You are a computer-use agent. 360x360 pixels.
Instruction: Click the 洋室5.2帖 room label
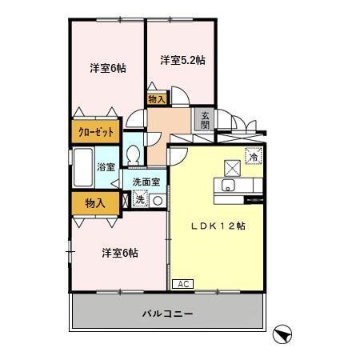click(x=182, y=60)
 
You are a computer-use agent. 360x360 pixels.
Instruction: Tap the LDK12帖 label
click(x=218, y=226)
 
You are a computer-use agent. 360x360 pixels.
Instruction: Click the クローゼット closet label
click(x=96, y=132)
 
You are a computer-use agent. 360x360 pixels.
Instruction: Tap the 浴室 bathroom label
click(x=106, y=167)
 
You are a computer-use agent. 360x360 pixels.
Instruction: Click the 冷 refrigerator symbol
click(x=254, y=158)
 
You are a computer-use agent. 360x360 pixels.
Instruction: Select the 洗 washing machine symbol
click(x=141, y=199)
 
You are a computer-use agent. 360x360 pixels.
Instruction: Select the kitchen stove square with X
click(x=232, y=166)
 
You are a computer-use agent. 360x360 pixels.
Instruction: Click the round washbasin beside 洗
click(x=158, y=200)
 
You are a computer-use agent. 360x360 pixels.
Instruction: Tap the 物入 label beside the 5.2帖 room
click(x=157, y=99)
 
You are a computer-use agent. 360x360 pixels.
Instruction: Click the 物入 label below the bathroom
click(x=94, y=203)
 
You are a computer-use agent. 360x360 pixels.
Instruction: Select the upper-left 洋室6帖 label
click(x=107, y=69)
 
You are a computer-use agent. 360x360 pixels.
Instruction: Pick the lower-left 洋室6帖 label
click(x=119, y=253)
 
